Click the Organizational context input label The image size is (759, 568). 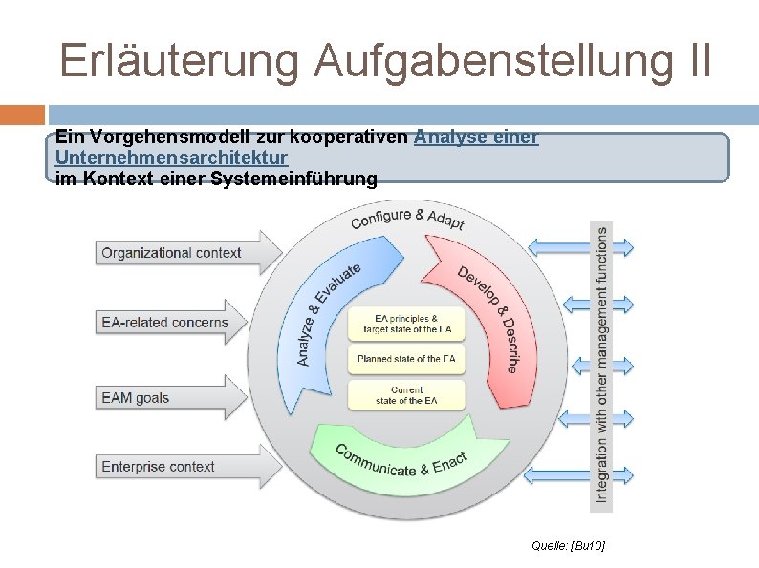coord(171,253)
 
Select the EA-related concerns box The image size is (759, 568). coord(165,323)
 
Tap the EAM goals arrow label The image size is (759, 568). coord(136,397)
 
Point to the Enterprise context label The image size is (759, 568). coord(159,467)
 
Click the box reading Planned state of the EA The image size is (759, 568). coord(406,359)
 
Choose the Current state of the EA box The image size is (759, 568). coord(406,394)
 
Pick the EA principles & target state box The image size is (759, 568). coord(406,324)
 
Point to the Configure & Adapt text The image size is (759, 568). coord(407,220)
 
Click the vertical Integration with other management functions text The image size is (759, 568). coord(601,363)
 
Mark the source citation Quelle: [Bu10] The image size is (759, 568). coord(569,545)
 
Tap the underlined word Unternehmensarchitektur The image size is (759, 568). coord(172,158)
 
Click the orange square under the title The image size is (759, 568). coord(22,115)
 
